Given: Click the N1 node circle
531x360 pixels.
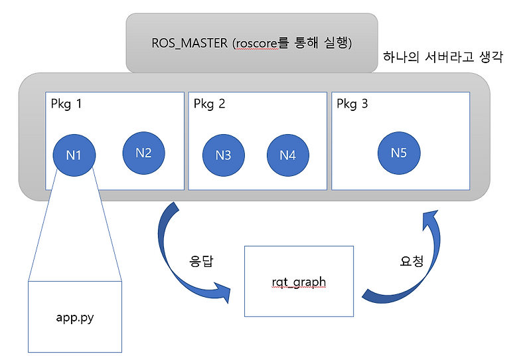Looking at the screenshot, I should click(x=74, y=155).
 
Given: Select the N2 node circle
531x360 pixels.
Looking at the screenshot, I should click(x=143, y=153).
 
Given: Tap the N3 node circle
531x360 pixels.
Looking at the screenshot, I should click(x=224, y=155).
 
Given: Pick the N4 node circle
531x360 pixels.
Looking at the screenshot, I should click(x=287, y=155).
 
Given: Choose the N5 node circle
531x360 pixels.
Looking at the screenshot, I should click(x=398, y=153).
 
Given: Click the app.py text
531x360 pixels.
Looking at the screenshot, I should click(x=74, y=316).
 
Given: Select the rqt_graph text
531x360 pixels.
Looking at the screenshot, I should click(x=299, y=282).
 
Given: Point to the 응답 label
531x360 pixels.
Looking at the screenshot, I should click(x=202, y=260).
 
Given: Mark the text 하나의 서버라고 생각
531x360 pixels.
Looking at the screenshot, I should click(x=443, y=58).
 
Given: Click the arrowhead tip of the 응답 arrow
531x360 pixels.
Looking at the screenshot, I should click(x=230, y=292).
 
